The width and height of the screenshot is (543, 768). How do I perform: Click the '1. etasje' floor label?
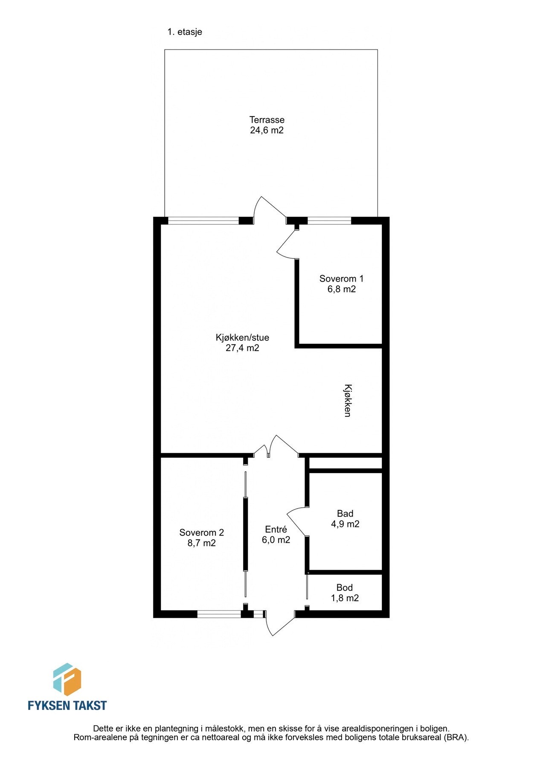tap(185, 32)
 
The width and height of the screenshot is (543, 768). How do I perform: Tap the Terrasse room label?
tap(267, 120)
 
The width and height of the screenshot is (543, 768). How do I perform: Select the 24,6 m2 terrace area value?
tap(267, 131)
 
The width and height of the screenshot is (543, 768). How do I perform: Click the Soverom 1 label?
tap(341, 279)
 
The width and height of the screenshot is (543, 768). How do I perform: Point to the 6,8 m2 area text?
tap(341, 289)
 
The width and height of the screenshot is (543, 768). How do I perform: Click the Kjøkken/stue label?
tap(242, 337)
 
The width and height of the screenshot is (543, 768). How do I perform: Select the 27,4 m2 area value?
tap(242, 348)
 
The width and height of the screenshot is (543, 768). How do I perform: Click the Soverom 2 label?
tap(201, 532)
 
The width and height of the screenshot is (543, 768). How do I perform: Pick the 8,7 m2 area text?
tap(201, 543)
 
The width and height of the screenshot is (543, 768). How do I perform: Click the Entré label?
tap(276, 529)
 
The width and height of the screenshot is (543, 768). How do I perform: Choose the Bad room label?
tap(345, 513)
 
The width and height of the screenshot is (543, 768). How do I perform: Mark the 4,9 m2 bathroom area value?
tap(345, 524)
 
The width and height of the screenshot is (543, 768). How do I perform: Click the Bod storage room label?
tap(345, 588)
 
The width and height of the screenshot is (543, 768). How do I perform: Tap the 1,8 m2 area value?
tap(345, 598)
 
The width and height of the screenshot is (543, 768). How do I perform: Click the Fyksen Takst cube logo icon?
tap(67, 679)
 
